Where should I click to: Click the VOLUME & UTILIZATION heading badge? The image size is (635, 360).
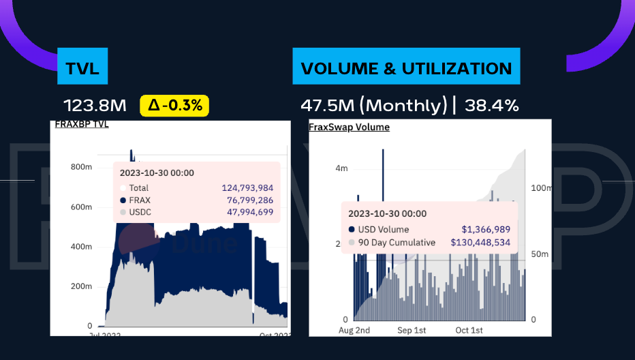406,67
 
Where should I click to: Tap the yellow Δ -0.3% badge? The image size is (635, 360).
174,106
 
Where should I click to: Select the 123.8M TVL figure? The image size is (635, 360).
95,106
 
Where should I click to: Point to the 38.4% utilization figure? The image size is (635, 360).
492,106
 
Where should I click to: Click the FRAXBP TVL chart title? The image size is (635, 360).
82,124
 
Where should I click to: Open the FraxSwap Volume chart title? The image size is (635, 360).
349,127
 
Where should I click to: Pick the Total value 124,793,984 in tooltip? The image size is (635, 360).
247,187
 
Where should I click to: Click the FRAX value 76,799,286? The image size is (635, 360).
250,200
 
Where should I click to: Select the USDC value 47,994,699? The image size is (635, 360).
250,212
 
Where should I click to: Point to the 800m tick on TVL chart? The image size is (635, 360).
81,167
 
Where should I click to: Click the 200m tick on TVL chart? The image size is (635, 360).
81,286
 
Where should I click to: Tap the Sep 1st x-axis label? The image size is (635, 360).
411,331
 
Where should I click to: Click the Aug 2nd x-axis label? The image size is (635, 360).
354,331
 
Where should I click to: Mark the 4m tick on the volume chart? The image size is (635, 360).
342,168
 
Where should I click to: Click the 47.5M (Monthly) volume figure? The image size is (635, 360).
373,106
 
